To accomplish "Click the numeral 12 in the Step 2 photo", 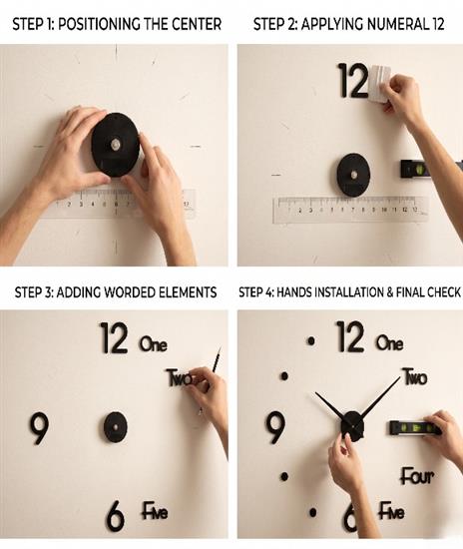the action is (353, 81).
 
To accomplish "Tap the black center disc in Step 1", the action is (116, 145).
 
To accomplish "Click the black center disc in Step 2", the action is (353, 175).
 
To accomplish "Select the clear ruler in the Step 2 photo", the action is (350, 210).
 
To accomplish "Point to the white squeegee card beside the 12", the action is (379, 83).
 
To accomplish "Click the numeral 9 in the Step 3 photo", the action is (39, 428).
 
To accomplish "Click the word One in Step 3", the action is (154, 343).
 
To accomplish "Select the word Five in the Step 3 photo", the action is (155, 511).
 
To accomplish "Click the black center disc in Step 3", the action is (116, 427).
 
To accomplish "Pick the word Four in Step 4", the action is (417, 476).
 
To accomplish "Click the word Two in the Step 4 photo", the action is (415, 376).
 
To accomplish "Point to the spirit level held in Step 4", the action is (414, 428).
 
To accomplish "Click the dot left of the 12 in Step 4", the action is (311, 341).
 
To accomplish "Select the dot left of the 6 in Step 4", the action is (313, 513).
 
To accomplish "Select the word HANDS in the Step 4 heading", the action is (293, 292).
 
